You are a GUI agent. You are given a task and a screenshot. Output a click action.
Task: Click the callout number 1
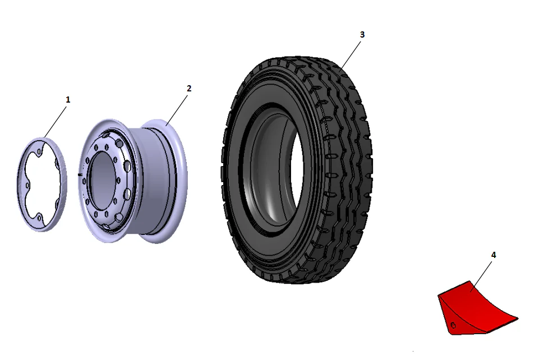[x=68, y=99]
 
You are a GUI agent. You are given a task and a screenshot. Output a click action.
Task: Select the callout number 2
[x=189, y=89]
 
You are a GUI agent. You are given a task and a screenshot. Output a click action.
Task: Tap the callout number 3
[x=362, y=34]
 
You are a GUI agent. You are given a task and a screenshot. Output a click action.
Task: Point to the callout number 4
[x=494, y=255]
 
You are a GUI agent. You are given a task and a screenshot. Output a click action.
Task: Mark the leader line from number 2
[x=177, y=107]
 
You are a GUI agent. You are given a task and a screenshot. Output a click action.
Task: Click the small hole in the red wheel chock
[x=453, y=324]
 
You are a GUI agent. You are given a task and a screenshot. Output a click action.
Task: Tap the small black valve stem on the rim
[x=80, y=175]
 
